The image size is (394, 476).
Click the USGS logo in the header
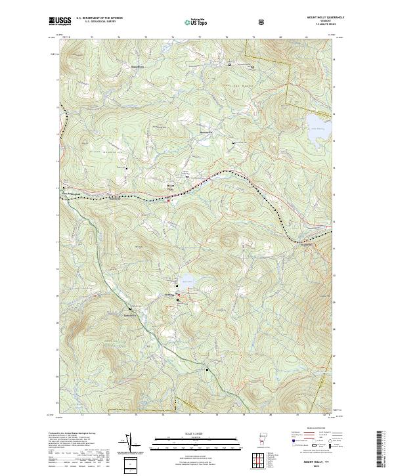pos(60,21)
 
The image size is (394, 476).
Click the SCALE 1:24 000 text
pos(187,433)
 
